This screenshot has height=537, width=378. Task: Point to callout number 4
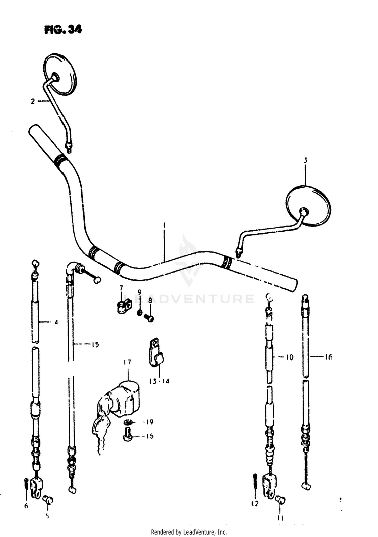click(56, 322)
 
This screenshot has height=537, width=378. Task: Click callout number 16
click(328, 357)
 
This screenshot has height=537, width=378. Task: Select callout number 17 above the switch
click(126, 362)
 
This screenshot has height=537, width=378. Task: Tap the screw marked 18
click(128, 433)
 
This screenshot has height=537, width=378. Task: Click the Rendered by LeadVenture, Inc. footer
click(189, 532)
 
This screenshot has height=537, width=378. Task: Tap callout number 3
click(305, 161)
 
